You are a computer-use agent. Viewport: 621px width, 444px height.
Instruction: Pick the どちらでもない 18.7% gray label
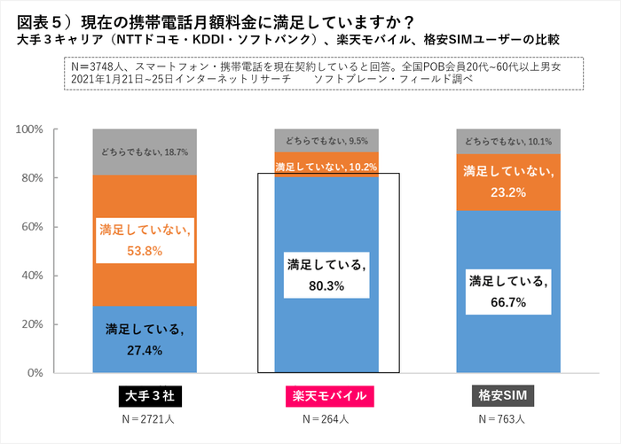144,152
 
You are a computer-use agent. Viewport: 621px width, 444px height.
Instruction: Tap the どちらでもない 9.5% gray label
326,140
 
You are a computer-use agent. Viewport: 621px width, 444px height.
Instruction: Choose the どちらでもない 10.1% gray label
508,141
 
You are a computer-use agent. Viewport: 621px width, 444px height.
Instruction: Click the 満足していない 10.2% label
326,166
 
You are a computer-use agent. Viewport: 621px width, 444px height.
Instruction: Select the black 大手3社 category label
144,395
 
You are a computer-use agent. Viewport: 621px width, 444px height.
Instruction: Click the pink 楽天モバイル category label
326,395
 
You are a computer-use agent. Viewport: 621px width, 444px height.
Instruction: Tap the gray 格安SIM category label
508,395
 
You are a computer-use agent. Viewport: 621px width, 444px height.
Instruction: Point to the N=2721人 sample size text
144,418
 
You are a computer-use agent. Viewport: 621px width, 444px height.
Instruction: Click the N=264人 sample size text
326,418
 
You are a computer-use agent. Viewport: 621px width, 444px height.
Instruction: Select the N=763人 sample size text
508,418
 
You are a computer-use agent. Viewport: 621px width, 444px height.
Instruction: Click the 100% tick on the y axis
29,129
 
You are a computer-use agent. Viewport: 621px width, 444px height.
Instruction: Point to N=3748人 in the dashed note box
104,66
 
